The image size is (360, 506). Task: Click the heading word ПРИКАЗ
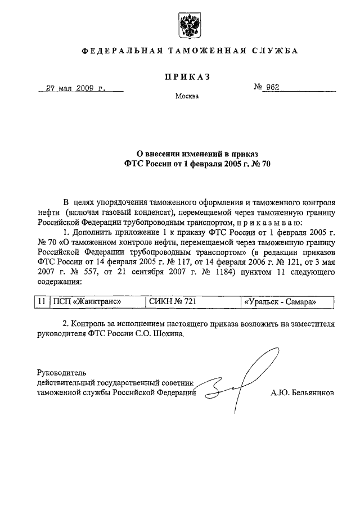pyautogui.click(x=187, y=77)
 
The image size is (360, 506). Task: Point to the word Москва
pyautogui.click(x=187, y=96)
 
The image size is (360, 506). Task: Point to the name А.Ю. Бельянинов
pyautogui.click(x=302, y=393)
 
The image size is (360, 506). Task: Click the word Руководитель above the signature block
pyautogui.click(x=61, y=373)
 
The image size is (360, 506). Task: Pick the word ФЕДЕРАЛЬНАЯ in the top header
pyautogui.click(x=118, y=51)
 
